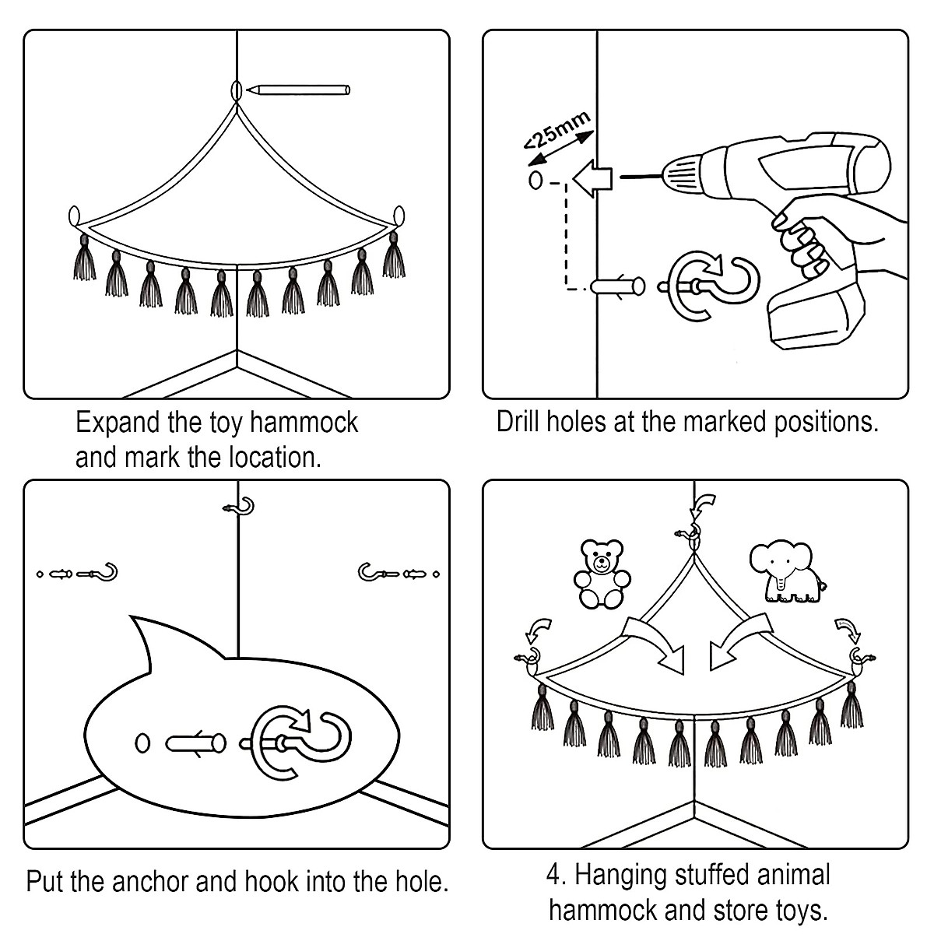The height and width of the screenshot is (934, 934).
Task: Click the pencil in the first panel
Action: pyautogui.click(x=298, y=90)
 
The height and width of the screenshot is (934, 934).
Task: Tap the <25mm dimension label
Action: pyautogui.click(x=557, y=130)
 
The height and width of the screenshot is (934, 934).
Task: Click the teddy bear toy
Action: pyautogui.click(x=602, y=574)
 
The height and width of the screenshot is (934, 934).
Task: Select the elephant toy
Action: pyautogui.click(x=786, y=572)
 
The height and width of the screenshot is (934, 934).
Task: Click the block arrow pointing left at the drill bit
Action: pyautogui.click(x=592, y=178)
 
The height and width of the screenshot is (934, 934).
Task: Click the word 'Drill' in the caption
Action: pyautogui.click(x=518, y=422)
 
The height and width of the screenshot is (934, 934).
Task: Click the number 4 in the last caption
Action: pyautogui.click(x=554, y=876)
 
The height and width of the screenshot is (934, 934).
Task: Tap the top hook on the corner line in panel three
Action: pyautogui.click(x=239, y=507)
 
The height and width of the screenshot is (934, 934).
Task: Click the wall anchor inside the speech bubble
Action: pyautogui.click(x=196, y=743)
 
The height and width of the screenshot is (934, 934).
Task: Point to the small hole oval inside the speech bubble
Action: pyautogui.click(x=142, y=743)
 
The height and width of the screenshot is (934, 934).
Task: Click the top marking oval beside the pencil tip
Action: pyautogui.click(x=236, y=90)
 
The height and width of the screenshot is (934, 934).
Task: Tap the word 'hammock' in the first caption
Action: pyautogui.click(x=304, y=422)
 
